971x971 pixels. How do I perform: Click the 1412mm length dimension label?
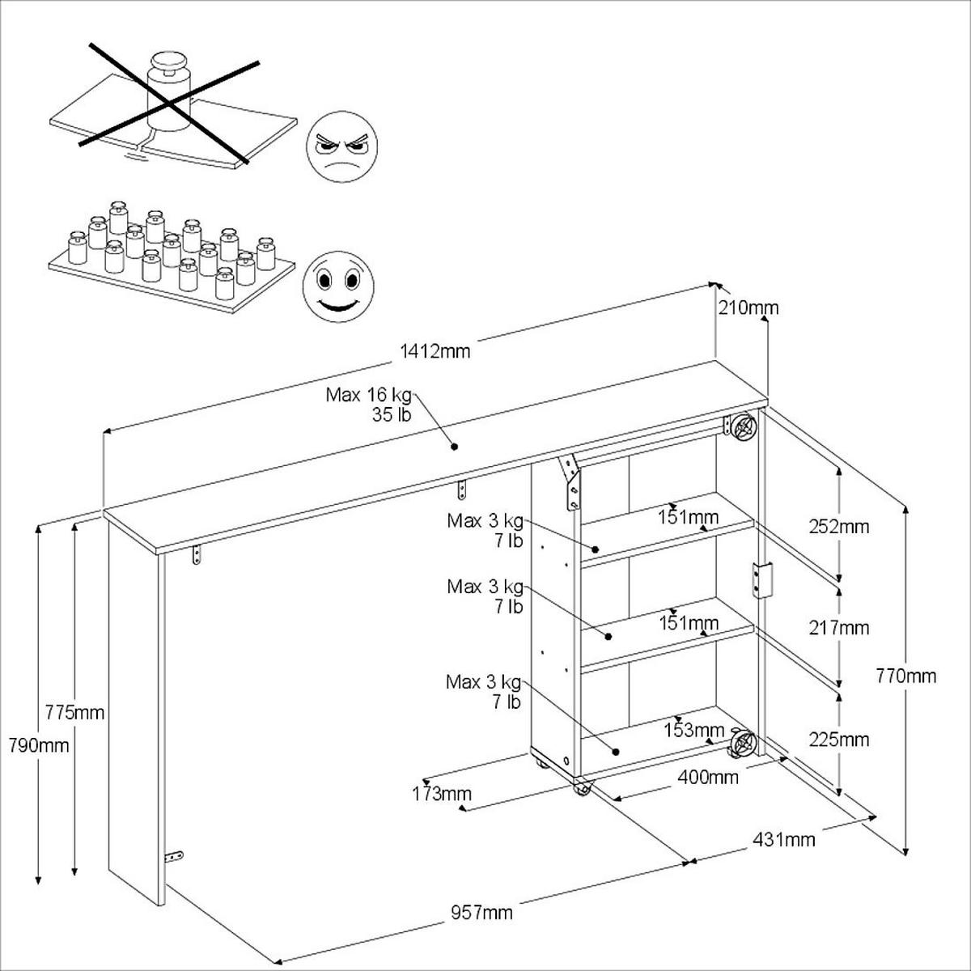coord(435,351)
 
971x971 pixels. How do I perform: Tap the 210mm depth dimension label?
coord(748,307)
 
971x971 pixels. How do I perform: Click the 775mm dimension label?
coord(75,713)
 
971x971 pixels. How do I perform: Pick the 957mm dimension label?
coord(481,913)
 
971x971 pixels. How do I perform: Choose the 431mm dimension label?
coord(784,839)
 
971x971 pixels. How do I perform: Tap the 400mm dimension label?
coord(707,778)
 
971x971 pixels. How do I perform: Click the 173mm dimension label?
coord(441,794)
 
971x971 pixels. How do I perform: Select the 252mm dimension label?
coord(839,527)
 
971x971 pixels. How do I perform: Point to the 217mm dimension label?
coord(839,628)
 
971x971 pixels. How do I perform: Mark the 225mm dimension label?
coord(839,740)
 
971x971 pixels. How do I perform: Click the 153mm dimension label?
coord(694,730)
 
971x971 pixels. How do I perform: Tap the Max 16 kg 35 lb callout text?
coord(369,405)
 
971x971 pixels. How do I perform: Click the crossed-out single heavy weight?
coord(167,101)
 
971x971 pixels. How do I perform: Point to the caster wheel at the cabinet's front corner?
coord(581,788)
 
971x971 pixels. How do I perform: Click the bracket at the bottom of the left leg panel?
coord(172,857)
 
